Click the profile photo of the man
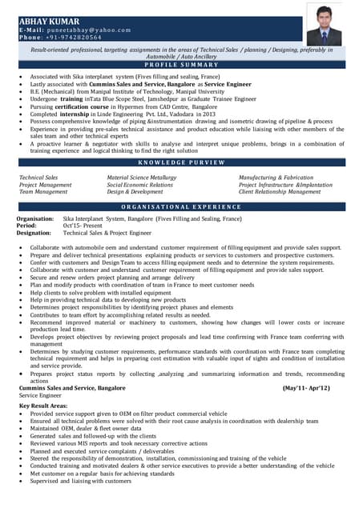[324, 26]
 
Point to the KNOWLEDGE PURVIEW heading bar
[181, 162]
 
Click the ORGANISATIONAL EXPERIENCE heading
[181, 206]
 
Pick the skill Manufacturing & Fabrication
[276, 177]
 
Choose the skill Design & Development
[135, 192]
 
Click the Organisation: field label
[36, 218]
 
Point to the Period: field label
[26, 226]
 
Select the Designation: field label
[34, 233]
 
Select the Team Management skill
[43, 192]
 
